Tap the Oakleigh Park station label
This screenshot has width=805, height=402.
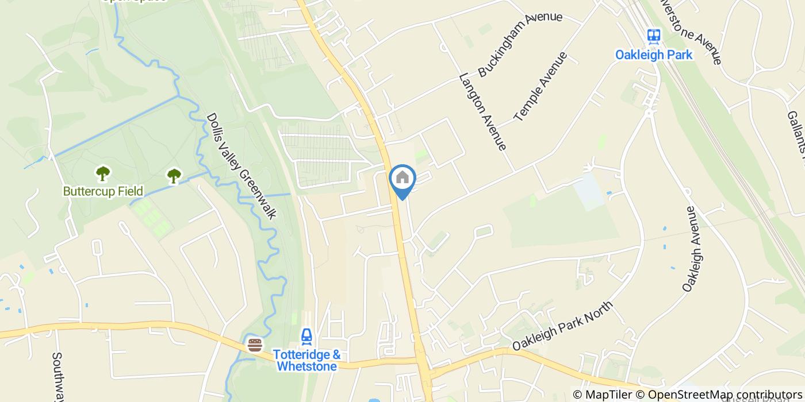coord(654,55)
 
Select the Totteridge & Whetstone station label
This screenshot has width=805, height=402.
coord(306,361)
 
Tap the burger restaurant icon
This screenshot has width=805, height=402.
coord(255,345)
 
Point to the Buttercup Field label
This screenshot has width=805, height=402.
coord(103,191)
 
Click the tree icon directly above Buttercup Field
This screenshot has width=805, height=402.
coord(103,173)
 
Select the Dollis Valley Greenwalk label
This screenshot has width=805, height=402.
coord(241,165)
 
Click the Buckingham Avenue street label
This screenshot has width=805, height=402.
coord(520,43)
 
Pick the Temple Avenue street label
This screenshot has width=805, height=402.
coord(540,86)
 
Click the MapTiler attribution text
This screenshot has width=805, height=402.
coord(603,395)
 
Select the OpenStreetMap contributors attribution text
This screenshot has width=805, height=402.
coord(724,395)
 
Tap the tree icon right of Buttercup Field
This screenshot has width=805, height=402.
coord(174,176)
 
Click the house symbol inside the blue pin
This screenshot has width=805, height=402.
coord(402,177)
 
